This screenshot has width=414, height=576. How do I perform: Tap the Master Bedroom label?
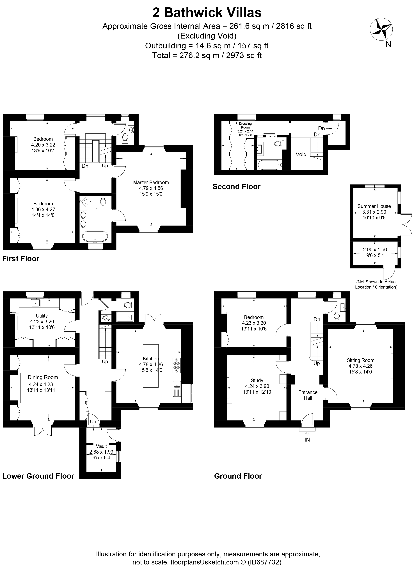tap(151, 182)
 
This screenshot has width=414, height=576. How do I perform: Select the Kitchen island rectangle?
tap(151, 366)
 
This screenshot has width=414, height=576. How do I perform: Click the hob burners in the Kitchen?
tap(177, 365)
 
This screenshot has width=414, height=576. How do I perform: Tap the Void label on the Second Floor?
tap(301, 154)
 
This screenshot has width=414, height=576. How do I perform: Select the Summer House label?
tap(374, 206)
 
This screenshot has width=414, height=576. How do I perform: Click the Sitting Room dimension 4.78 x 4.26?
tap(360, 366)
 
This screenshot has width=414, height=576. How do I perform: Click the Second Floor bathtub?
tap(270, 165)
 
